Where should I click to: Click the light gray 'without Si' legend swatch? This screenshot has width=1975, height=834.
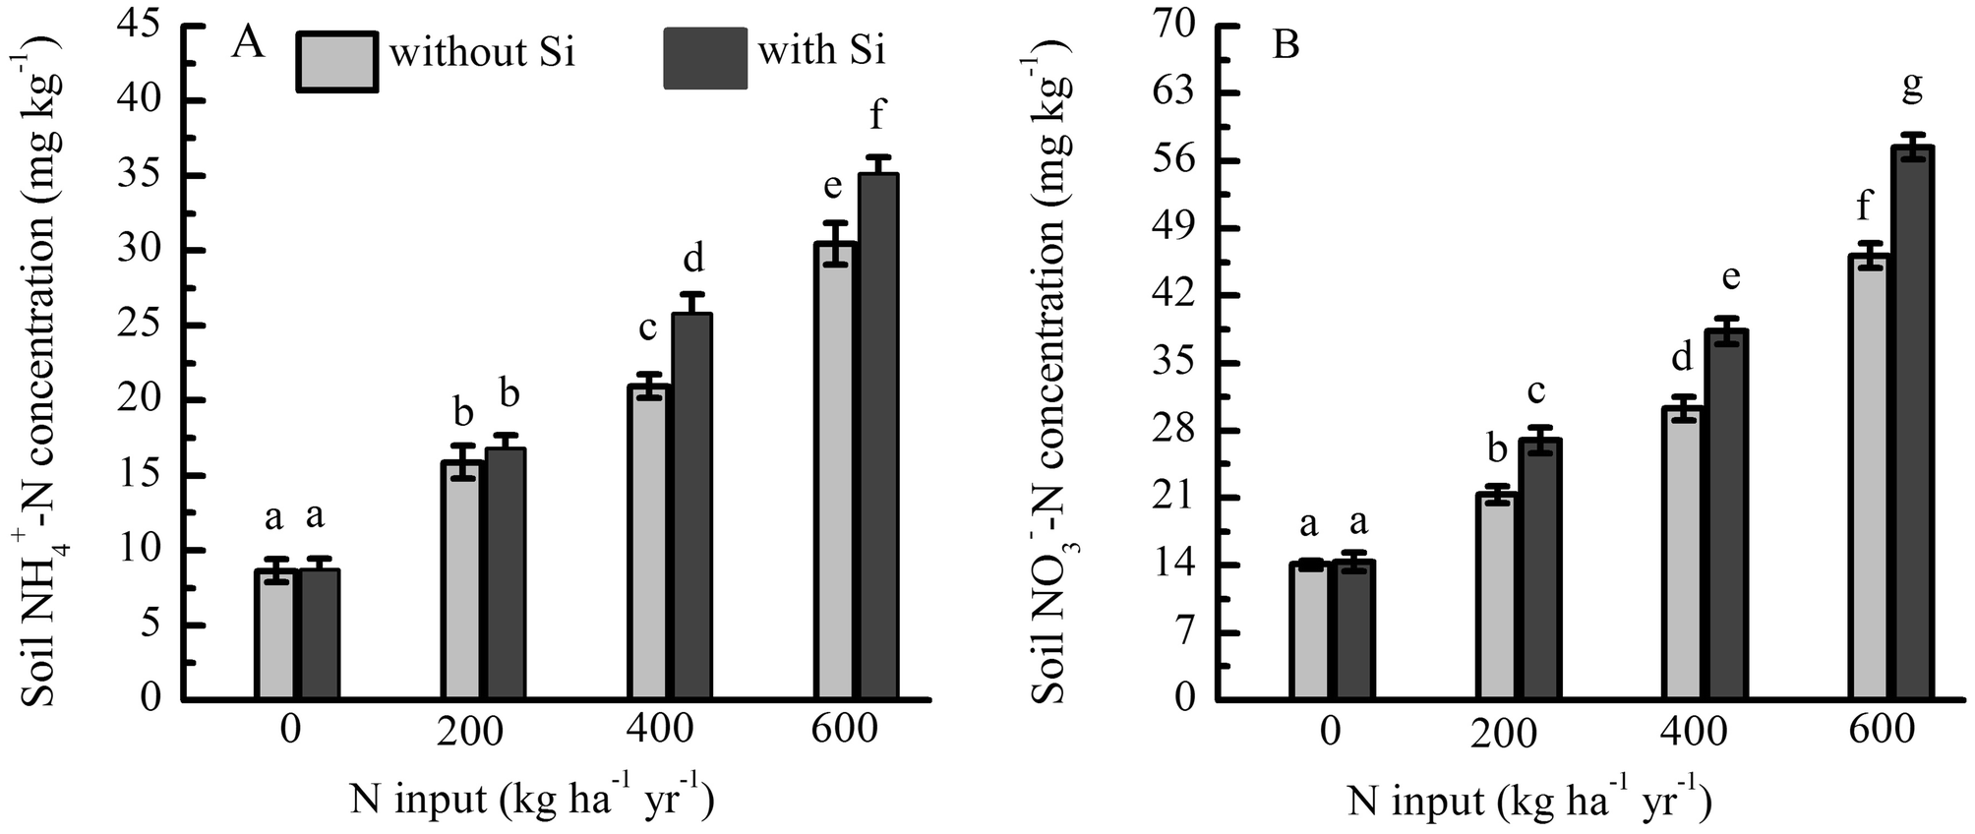point(336,62)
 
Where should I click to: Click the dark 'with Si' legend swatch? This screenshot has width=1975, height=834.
point(704,59)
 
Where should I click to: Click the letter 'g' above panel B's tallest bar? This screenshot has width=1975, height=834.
point(1912,89)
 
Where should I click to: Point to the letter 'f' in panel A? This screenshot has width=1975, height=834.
point(876,116)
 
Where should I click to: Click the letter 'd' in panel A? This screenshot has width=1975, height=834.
point(693,259)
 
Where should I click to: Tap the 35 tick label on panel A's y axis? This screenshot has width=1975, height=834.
point(138,176)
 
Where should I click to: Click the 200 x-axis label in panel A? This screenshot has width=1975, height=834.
point(469,731)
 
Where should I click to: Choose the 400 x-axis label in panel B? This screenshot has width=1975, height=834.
point(1694,732)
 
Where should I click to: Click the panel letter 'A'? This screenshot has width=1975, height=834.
point(247,42)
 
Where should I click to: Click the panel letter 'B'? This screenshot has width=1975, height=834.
point(1286,45)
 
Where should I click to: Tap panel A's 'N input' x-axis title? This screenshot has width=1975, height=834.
point(531,800)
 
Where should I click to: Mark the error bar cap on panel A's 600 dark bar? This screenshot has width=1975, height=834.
point(877,157)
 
